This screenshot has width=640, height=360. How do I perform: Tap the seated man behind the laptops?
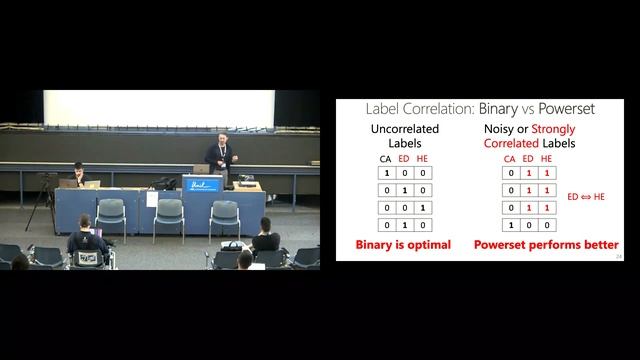(74, 178)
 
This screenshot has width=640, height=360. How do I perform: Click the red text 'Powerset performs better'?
(545, 245)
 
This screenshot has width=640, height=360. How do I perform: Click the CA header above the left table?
(385, 158)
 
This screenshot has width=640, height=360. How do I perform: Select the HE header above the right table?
(545, 158)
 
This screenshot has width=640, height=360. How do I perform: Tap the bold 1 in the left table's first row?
(385, 172)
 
